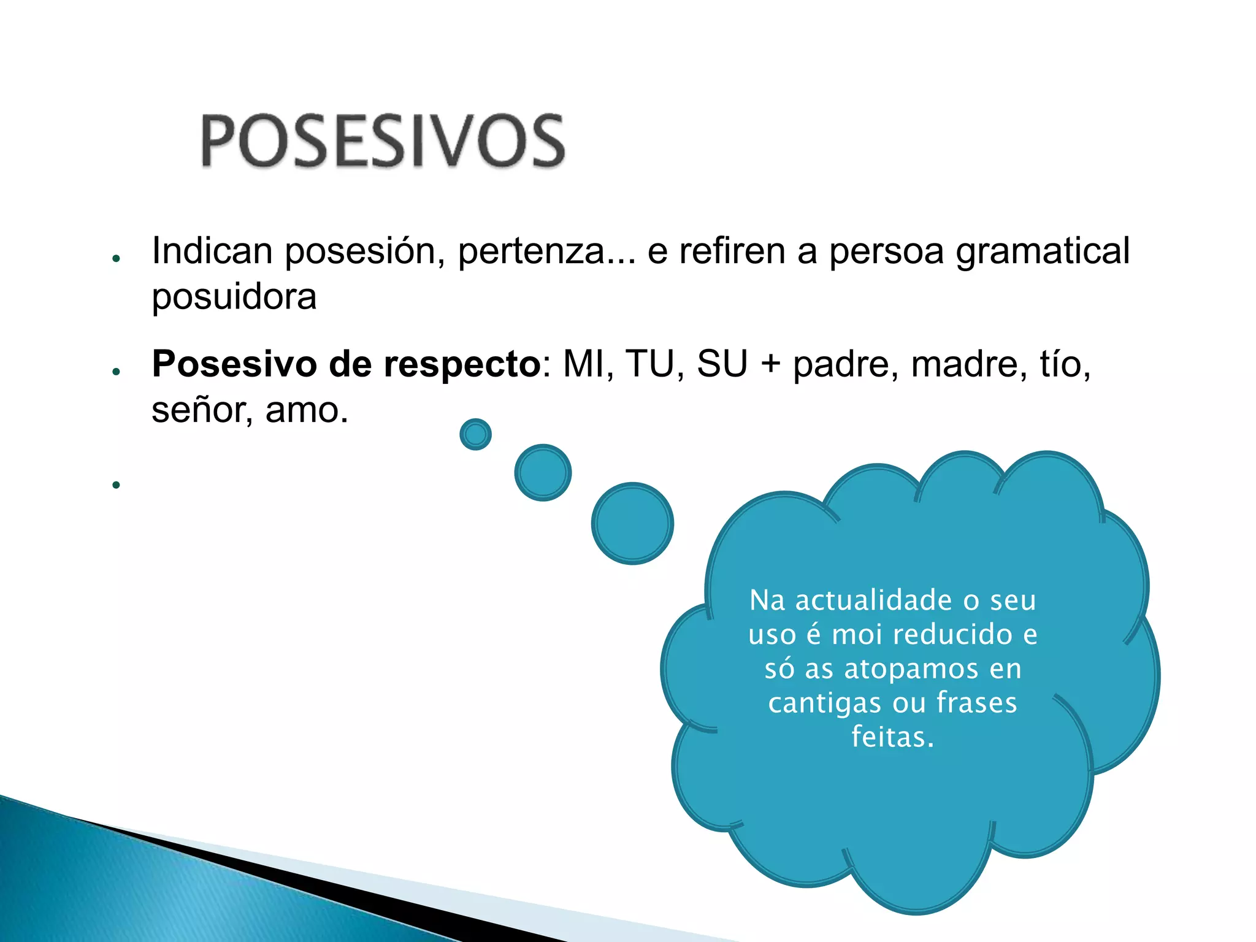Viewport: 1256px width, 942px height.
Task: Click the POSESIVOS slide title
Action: (383, 140)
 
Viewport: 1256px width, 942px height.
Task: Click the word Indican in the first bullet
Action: (212, 251)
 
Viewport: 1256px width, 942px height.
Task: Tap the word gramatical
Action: (1042, 251)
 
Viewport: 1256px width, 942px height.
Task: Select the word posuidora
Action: (234, 297)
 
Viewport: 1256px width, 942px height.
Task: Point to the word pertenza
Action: (531, 251)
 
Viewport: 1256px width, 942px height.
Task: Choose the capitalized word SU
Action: (722, 364)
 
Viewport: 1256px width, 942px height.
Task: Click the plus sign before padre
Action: (770, 364)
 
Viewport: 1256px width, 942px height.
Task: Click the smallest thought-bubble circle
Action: (475, 434)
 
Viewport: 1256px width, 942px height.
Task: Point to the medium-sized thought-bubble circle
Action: (543, 472)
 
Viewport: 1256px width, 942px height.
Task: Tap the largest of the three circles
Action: (632, 523)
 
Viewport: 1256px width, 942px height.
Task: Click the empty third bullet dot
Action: (116, 485)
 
